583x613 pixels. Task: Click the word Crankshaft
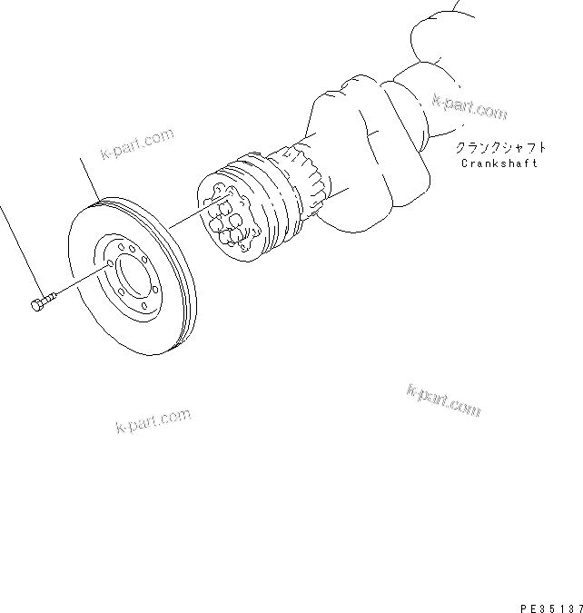(499, 163)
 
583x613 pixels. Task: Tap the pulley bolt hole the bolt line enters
(110, 263)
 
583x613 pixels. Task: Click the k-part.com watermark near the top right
(469, 108)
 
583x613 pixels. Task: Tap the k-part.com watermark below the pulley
(153, 420)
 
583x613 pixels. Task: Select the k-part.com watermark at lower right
(444, 400)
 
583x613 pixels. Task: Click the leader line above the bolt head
(18, 245)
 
